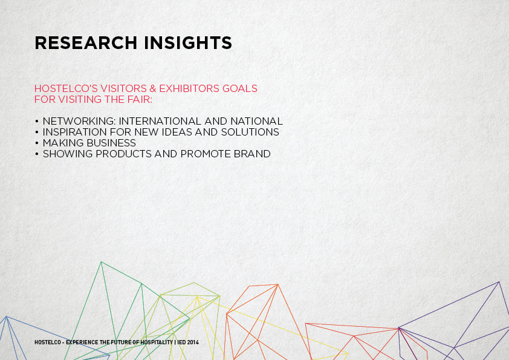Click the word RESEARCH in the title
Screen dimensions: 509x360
tap(86, 43)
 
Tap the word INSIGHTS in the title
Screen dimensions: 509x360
tap(188, 43)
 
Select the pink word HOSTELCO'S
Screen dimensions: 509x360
tap(66, 88)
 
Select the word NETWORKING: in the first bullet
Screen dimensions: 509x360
tap(79, 121)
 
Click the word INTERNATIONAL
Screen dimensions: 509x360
tap(160, 121)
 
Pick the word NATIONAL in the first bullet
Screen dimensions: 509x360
tap(256, 121)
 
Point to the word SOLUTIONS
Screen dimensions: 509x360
tap(250, 132)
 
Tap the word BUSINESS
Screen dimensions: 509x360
tap(111, 143)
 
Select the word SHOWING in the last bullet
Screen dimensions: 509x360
tap(68, 154)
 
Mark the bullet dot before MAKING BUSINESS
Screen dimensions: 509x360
tap(37, 143)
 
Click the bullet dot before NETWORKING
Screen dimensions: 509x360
tap(37, 121)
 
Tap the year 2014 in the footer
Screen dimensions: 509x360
tap(193, 342)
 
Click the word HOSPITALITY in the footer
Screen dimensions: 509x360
tap(157, 342)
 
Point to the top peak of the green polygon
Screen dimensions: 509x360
tap(102, 262)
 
